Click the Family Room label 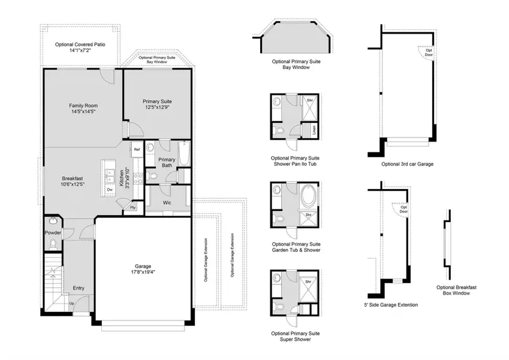point(83,106)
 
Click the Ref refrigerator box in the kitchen point(137,149)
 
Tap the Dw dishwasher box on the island point(110,190)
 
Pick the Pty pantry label point(132,208)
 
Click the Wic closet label point(167,202)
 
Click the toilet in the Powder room point(53,244)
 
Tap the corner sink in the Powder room point(54,221)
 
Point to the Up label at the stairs point(72,303)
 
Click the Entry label point(79,288)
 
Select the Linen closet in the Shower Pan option point(314,130)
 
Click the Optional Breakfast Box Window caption point(456,290)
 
